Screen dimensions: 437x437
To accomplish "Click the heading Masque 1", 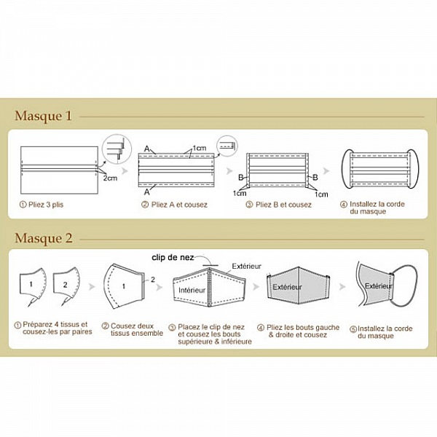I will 43,116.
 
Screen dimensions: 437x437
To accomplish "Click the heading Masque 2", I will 44,238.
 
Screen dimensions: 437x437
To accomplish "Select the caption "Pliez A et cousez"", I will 174,205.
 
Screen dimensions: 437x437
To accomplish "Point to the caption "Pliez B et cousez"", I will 278,205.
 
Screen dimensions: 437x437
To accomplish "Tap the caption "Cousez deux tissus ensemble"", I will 128,331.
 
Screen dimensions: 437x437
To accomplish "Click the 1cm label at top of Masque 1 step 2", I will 199,148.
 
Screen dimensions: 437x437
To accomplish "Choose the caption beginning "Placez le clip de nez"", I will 212,334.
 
